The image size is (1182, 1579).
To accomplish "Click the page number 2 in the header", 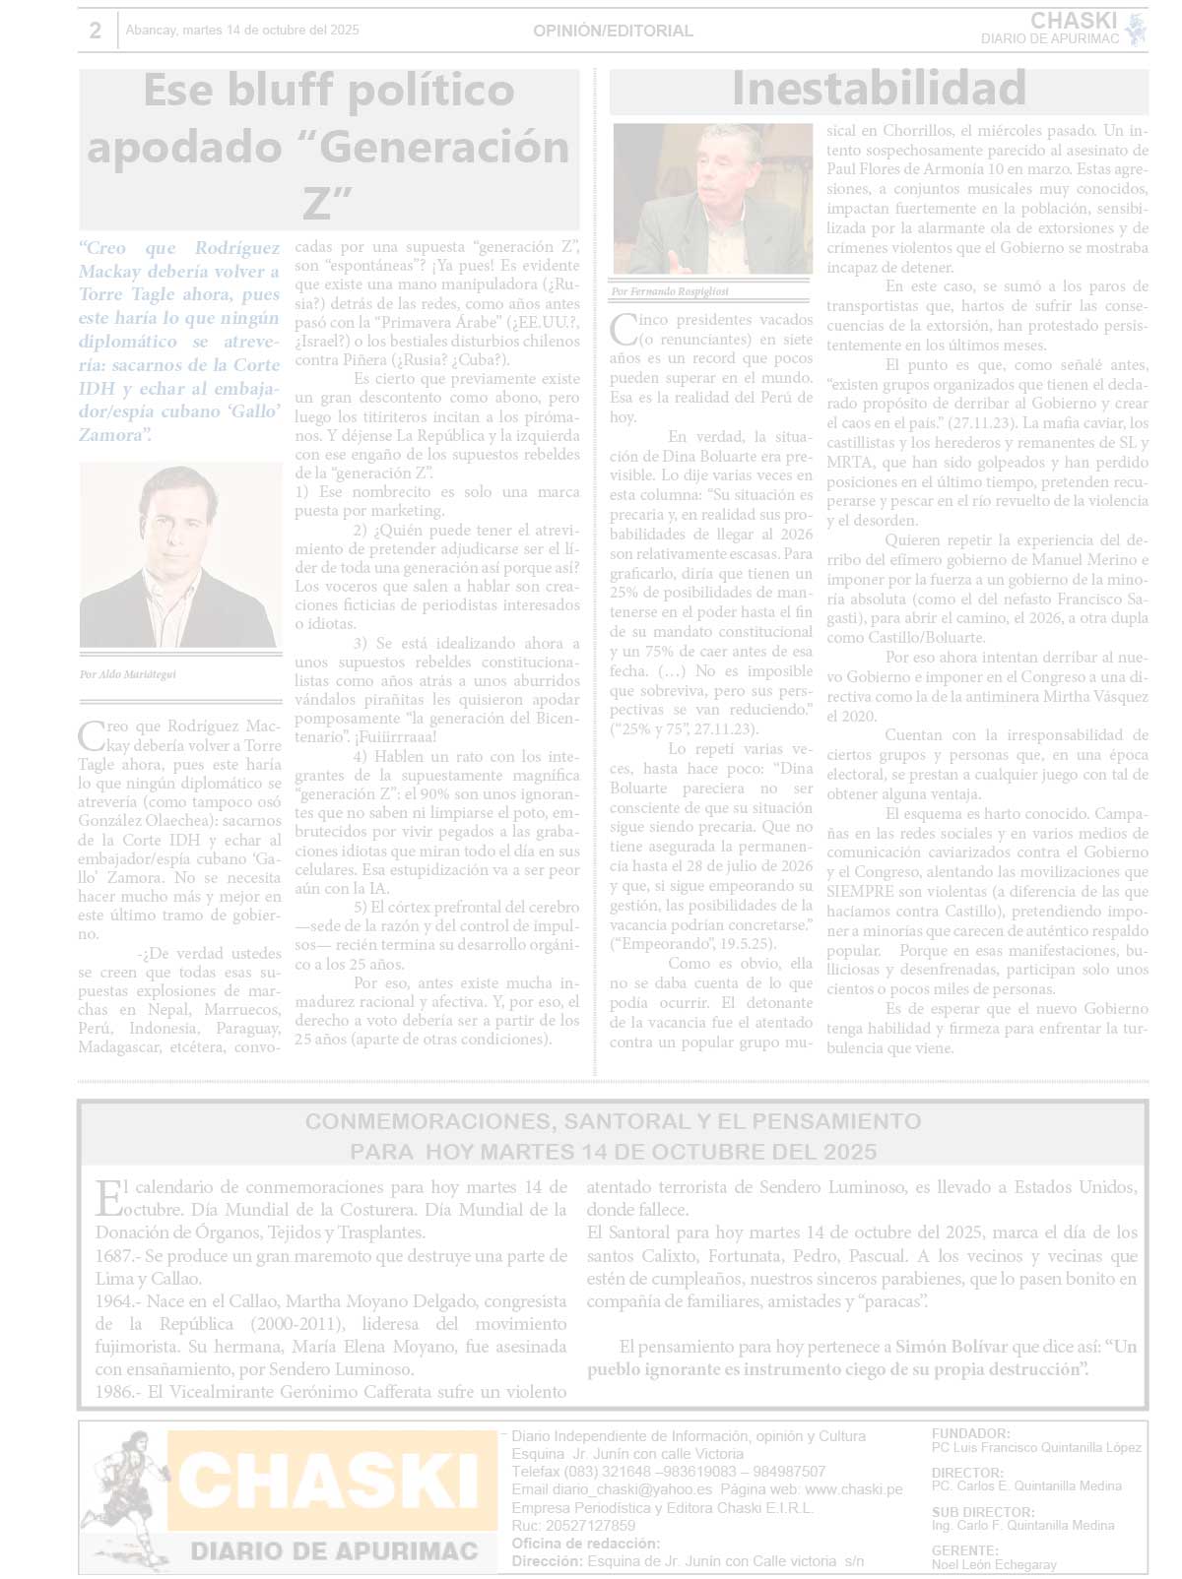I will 95,31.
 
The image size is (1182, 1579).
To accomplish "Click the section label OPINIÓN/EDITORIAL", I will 613,31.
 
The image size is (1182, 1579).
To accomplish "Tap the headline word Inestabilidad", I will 879,89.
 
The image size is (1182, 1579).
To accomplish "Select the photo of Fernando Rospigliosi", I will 712,199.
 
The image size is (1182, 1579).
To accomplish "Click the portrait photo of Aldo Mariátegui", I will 178,555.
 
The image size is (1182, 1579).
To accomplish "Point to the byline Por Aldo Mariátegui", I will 128,675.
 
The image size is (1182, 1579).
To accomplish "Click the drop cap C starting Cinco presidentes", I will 622,328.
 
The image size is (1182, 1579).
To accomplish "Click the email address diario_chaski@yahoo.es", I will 631,1489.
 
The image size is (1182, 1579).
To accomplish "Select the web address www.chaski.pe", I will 853,1489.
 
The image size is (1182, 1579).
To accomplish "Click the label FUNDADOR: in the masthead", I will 970,1433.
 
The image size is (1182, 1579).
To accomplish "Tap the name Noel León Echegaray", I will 994,1564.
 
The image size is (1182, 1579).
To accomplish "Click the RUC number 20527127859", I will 587,1526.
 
